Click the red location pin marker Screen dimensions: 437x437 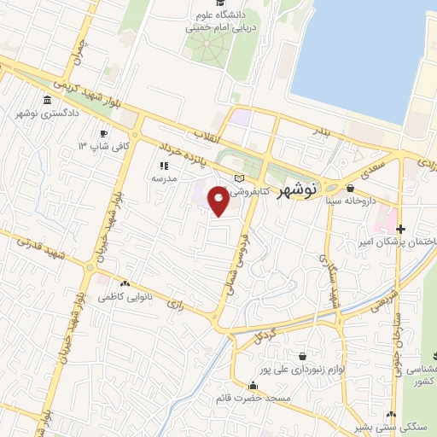218,202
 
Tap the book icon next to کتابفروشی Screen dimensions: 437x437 240,178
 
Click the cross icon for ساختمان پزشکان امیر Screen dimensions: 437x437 400,228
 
